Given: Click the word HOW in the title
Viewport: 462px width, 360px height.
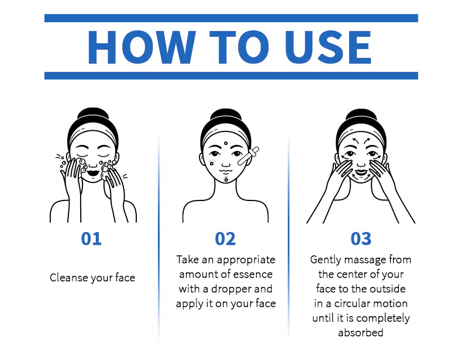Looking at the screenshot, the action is click(x=142, y=47).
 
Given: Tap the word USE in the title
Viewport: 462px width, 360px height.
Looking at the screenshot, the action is click(x=327, y=47).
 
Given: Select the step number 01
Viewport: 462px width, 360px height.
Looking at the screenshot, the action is click(x=91, y=238).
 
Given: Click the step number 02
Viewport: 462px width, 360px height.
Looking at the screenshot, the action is click(x=225, y=238).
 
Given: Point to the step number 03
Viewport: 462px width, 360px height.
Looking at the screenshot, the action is click(x=361, y=238).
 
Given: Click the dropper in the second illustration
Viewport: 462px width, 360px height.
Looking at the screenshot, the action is click(x=249, y=155).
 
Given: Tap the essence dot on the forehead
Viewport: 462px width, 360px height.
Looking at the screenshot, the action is click(x=226, y=143).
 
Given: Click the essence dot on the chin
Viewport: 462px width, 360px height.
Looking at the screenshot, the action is click(x=226, y=179).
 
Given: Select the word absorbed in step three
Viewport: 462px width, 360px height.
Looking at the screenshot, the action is click(x=361, y=333).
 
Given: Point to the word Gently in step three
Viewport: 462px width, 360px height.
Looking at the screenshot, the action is click(x=326, y=260).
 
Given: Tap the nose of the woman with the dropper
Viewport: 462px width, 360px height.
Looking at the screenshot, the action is click(x=226, y=164).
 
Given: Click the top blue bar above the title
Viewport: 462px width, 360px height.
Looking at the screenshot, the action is click(x=232, y=18).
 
